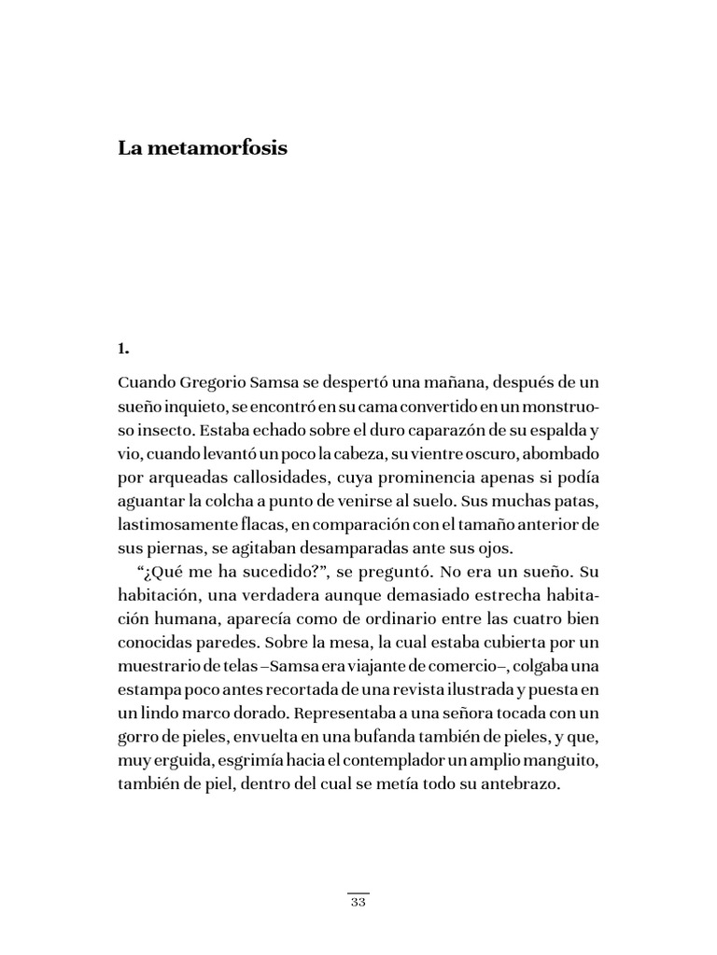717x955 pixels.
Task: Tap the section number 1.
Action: click(122, 349)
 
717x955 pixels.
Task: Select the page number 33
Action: click(358, 903)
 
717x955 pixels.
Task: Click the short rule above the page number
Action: click(358, 893)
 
